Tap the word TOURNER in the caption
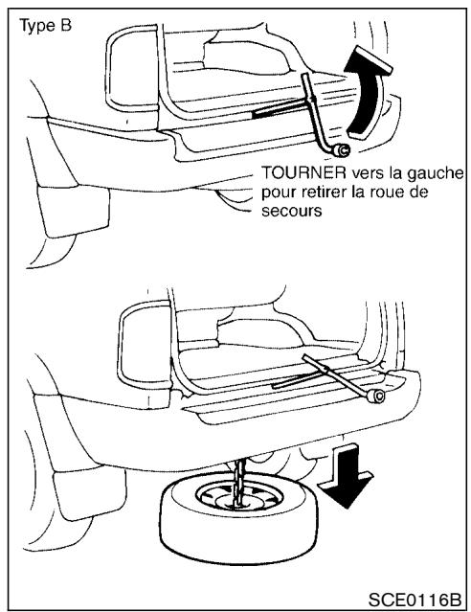pyautogui.click(x=297, y=173)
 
